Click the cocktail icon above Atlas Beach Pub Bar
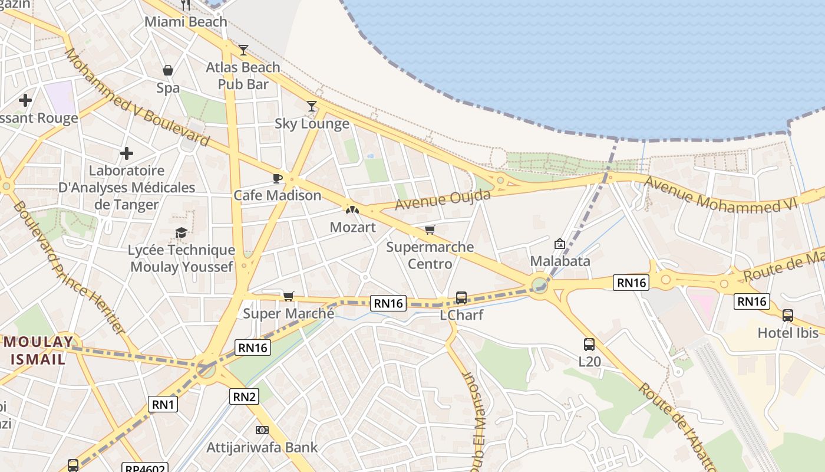click(x=243, y=50)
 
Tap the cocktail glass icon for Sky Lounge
click(x=312, y=106)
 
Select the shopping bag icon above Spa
click(x=168, y=71)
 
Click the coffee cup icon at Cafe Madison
click(x=278, y=178)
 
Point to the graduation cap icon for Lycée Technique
click(x=181, y=233)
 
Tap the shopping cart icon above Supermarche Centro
click(x=430, y=230)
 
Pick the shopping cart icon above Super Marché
click(x=288, y=296)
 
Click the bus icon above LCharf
click(x=461, y=298)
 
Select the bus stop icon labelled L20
click(x=589, y=345)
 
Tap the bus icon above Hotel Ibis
click(x=788, y=316)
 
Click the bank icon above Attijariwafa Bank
click(x=262, y=430)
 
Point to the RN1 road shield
click(x=163, y=404)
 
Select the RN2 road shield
click(x=244, y=396)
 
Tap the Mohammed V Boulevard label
click(x=137, y=98)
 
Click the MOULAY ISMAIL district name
click(x=39, y=350)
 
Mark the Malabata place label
click(x=560, y=261)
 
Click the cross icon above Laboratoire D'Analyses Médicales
click(x=126, y=154)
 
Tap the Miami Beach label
click(x=186, y=22)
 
